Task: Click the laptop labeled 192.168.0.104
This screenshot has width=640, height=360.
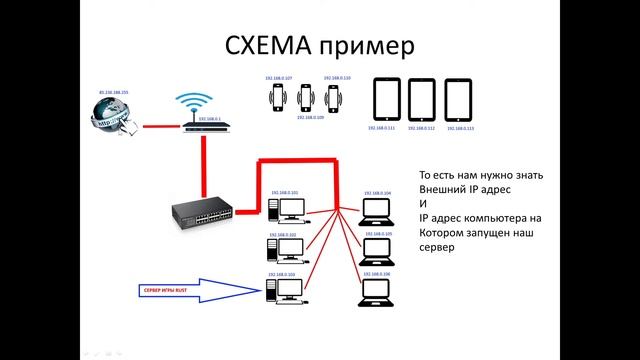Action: (x=377, y=211)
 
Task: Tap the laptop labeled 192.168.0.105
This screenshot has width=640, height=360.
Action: (x=377, y=249)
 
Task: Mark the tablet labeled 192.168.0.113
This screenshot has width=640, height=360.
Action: (x=460, y=100)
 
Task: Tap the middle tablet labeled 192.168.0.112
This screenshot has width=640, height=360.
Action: (x=424, y=100)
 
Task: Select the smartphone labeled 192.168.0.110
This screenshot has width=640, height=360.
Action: (x=333, y=97)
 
